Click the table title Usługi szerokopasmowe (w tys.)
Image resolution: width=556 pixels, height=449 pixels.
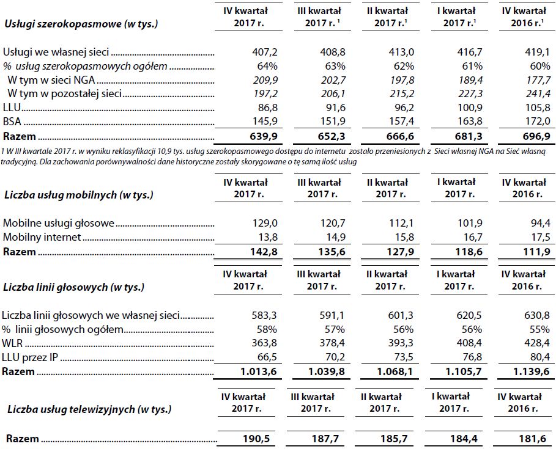81,24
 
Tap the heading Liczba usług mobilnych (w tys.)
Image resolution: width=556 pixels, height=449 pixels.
78,195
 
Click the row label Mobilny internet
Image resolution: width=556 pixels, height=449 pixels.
42,237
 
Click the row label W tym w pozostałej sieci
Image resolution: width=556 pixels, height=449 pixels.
64,93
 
